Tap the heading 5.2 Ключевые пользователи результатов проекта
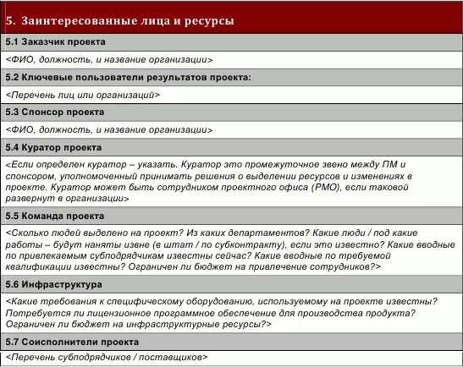point(128,77)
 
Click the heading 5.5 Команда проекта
point(54,216)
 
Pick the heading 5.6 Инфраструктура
point(53,285)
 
